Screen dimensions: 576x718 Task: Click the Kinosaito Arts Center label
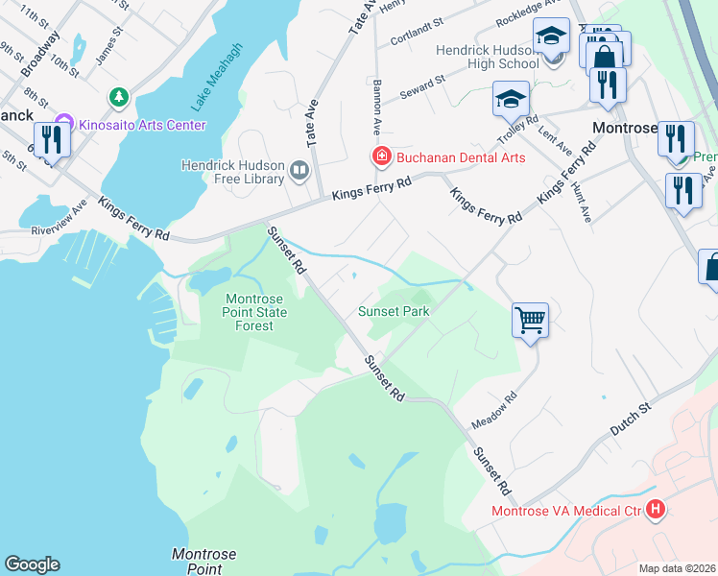142,125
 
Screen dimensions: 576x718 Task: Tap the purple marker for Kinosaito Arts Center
64,124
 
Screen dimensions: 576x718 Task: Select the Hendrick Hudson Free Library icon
299,173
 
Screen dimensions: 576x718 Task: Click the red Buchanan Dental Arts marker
381,156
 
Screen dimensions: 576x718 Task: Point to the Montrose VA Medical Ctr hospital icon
657,510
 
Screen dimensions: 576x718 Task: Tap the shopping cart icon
531,320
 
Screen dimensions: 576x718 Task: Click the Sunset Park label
394,311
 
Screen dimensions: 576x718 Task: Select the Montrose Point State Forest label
250,312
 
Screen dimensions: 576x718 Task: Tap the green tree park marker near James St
119,97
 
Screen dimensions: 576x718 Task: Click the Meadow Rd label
494,411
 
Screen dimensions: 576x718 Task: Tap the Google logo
32,564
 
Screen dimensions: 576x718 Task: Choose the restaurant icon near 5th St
49,141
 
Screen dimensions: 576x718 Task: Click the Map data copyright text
677,567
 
